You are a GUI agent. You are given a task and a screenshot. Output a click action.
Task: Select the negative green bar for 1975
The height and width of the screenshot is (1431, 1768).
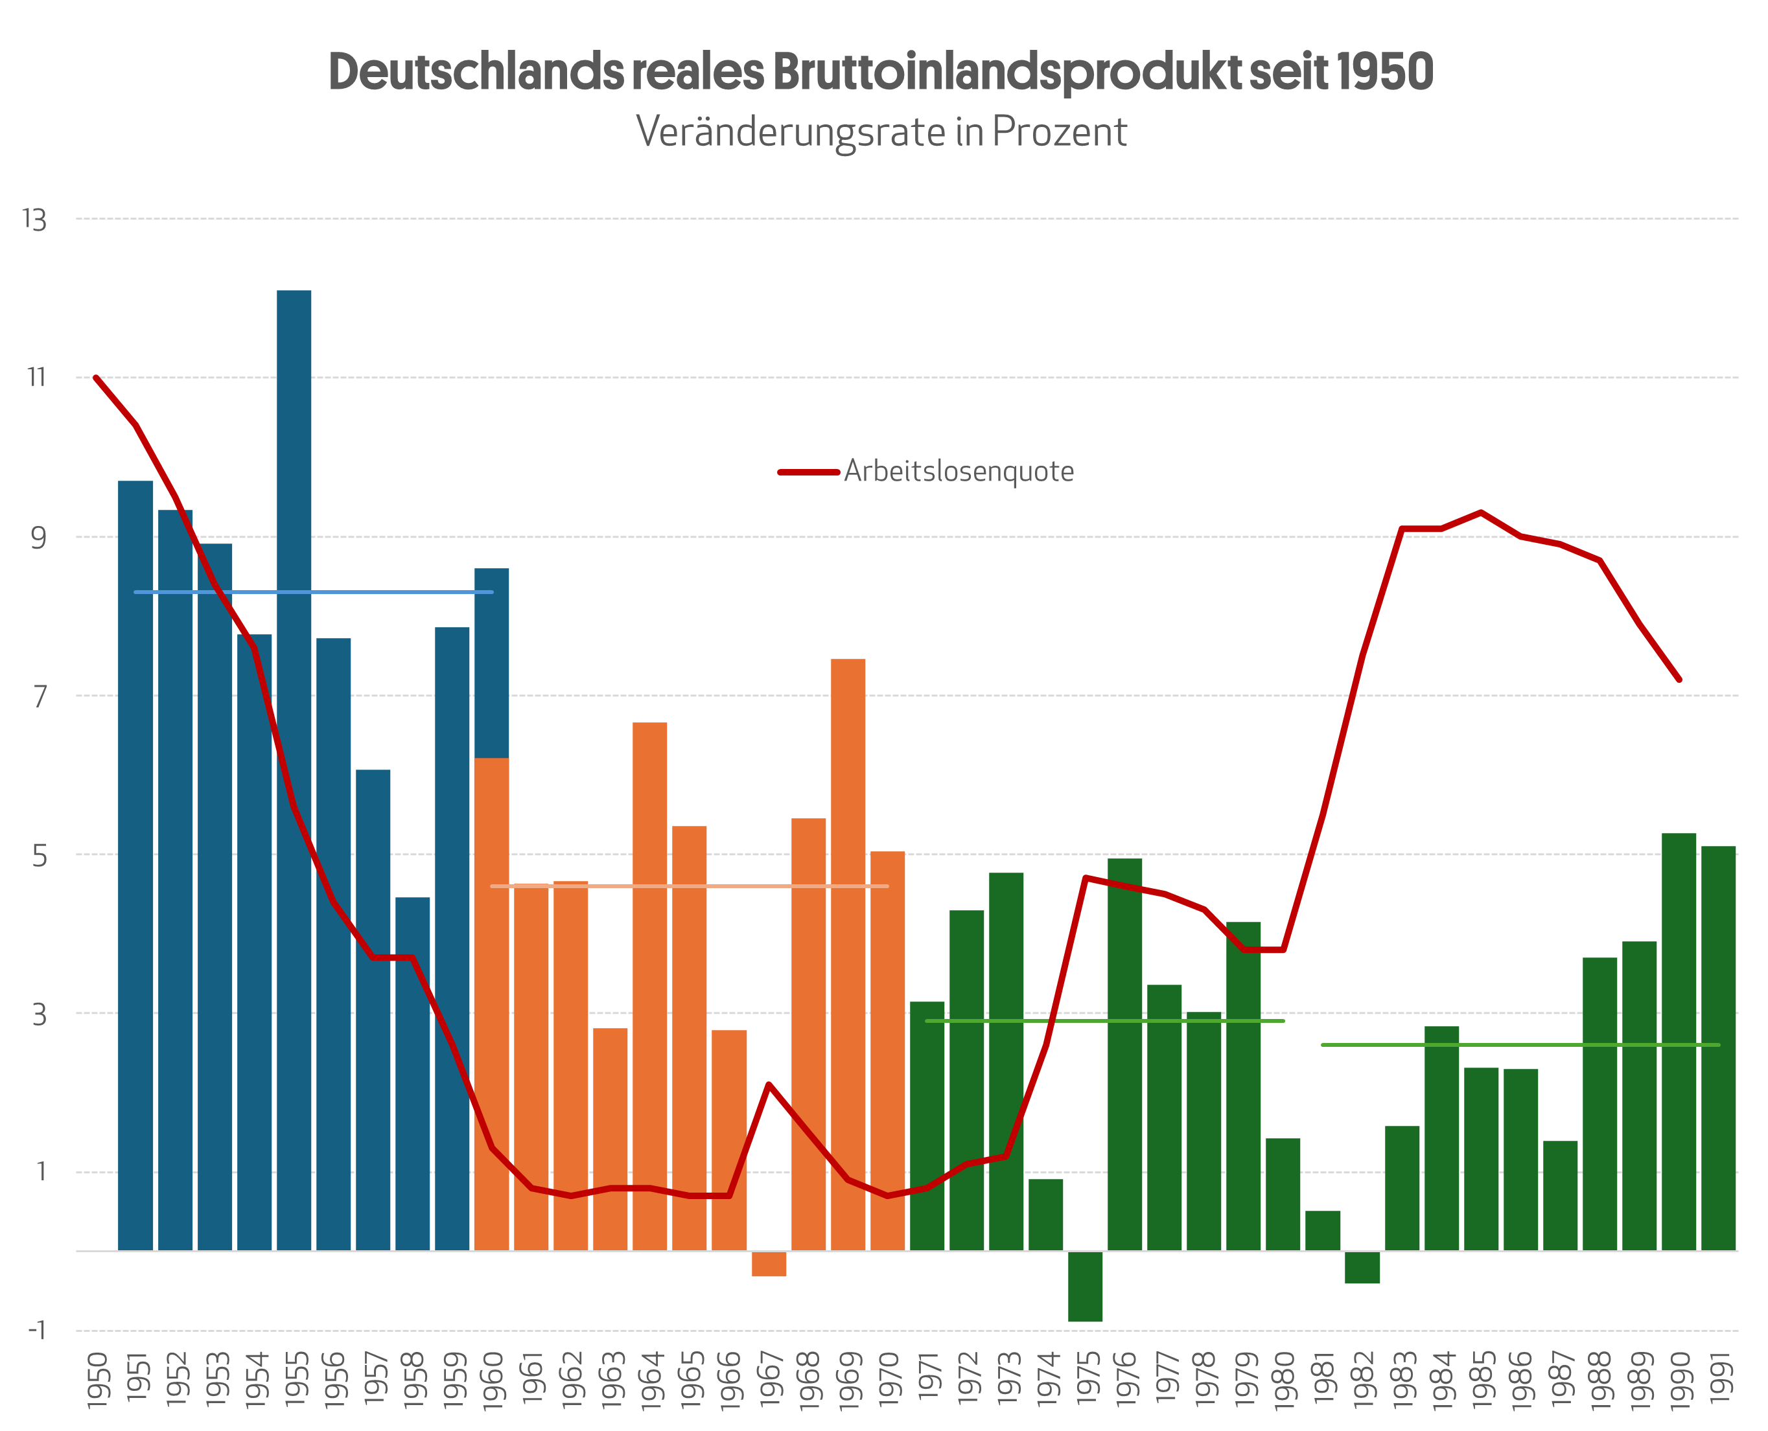pyautogui.click(x=1084, y=1285)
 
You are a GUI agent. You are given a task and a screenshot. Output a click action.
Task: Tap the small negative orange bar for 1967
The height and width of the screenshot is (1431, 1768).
pyautogui.click(x=769, y=1264)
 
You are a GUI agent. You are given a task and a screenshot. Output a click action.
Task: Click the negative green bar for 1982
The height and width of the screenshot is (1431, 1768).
pyautogui.click(x=1362, y=1267)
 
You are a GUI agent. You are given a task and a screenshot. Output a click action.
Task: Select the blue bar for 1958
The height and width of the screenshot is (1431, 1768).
pyautogui.click(x=412, y=1071)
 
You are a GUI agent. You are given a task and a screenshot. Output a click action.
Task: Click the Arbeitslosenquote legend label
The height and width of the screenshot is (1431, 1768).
pyautogui.click(x=959, y=472)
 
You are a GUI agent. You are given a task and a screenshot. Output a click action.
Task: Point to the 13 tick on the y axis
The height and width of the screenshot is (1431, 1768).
pyautogui.click(x=34, y=220)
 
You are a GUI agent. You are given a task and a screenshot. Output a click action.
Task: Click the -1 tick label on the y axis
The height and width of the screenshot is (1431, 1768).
pyautogui.click(x=36, y=1329)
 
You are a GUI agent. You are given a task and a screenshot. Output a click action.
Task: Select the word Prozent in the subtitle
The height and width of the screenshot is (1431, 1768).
pyautogui.click(x=1059, y=132)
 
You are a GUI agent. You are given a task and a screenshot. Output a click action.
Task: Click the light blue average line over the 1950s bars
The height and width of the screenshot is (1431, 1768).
pyautogui.click(x=314, y=592)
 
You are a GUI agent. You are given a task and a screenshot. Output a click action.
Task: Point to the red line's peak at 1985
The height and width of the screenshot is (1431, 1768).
pyautogui.click(x=1481, y=512)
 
